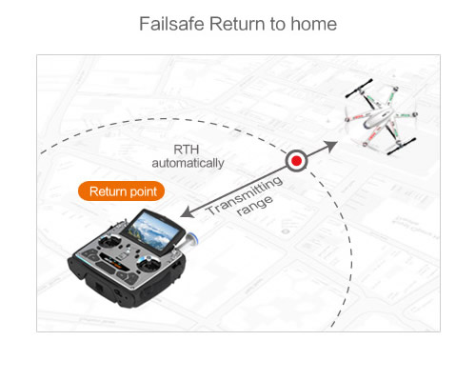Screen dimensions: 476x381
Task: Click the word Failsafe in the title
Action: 171,24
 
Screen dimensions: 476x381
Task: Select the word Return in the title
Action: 237,24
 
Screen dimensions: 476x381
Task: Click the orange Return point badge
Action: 121,191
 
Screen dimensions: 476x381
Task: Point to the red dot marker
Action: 296,161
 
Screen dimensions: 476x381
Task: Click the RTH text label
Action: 187,150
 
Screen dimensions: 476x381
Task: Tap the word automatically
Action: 188,163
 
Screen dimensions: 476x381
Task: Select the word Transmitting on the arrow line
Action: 245,195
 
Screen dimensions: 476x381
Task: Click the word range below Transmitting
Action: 255,207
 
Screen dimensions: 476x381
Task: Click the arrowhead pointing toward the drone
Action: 330,146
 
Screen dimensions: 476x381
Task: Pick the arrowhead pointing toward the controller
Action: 188,212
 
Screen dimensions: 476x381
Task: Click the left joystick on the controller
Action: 109,242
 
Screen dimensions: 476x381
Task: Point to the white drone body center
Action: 378,117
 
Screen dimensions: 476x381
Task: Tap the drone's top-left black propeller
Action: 359,89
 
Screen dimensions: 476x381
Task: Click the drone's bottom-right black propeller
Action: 402,147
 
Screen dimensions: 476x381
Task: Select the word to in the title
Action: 278,24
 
